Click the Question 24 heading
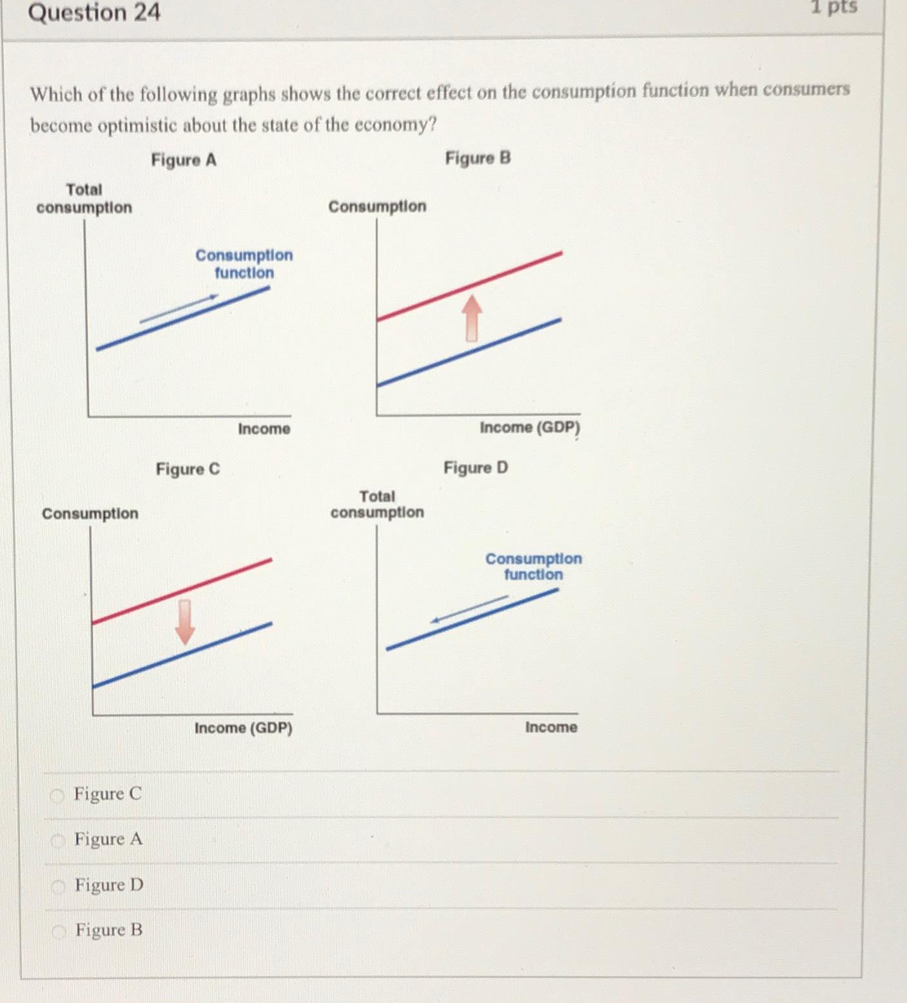click(x=94, y=13)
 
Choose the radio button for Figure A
click(x=59, y=841)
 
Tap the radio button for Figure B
click(x=59, y=931)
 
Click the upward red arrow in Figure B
click(x=473, y=318)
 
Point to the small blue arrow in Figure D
click(x=469, y=609)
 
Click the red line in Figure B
click(x=469, y=286)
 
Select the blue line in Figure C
click(x=182, y=656)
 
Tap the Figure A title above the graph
click(x=184, y=160)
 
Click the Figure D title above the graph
click(x=476, y=467)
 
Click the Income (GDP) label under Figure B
click(x=530, y=427)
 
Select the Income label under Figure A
click(x=264, y=429)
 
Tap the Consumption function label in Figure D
click(x=533, y=567)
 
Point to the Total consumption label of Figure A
click(x=84, y=199)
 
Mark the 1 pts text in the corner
click(x=834, y=7)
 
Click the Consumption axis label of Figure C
click(x=90, y=514)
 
